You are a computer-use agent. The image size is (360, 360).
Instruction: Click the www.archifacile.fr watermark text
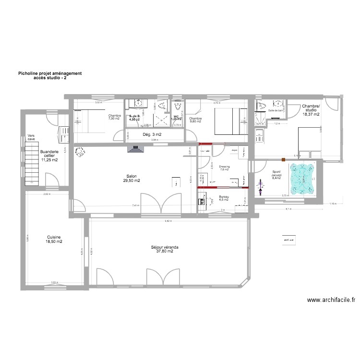[331, 300]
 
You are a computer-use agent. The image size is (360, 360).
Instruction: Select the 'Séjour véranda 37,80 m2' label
[165, 249]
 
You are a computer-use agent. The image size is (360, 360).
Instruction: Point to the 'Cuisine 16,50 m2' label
[54, 240]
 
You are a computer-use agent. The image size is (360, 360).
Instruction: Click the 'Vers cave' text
[31, 137]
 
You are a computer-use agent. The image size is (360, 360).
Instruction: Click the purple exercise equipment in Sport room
[261, 190]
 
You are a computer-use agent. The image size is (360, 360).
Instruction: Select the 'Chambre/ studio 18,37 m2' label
[311, 110]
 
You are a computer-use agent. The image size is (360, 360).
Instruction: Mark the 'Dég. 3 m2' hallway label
[152, 134]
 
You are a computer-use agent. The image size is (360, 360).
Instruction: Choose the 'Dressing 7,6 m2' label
[224, 168]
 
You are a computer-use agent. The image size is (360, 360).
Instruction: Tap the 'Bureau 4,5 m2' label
[224, 198]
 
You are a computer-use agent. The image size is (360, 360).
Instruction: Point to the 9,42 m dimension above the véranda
[167, 221]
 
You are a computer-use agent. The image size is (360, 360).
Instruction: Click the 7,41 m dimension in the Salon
[136, 205]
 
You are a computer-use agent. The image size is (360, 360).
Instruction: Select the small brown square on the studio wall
[284, 159]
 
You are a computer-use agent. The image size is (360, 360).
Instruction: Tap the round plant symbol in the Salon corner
[79, 152]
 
